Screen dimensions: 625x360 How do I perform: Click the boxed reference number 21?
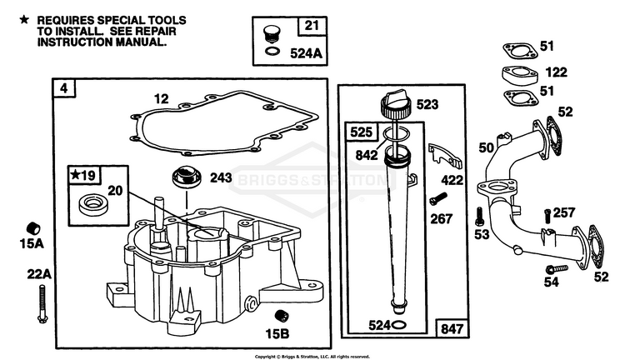point(312,26)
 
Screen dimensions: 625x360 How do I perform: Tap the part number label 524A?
point(306,53)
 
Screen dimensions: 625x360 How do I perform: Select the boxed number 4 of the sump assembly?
point(64,88)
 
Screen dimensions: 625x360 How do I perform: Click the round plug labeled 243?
point(186,177)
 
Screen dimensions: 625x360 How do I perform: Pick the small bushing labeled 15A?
point(33,229)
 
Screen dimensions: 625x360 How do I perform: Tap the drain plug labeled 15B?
point(282,316)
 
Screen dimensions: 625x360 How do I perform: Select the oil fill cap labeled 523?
point(396,103)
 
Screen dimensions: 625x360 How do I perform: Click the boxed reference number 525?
point(361,132)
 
